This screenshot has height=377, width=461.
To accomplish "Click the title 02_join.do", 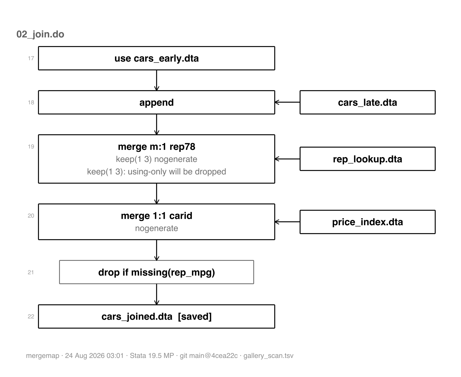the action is pos(40,34).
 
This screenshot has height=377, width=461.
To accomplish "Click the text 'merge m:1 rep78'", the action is pos(156,146).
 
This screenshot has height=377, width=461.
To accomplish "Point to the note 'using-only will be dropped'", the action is pos(177,172).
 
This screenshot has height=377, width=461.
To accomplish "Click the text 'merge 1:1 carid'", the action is pos(156,216).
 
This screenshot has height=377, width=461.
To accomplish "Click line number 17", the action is pos(31,58).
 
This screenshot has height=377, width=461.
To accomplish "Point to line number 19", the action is pos(31,146).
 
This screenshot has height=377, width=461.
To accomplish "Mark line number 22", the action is pos(31,316).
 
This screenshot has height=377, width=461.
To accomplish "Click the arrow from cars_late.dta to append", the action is pos(288,102).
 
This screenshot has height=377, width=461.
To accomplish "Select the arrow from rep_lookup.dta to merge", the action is pos(288,159).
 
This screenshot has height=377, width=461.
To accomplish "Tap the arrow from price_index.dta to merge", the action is pos(288,222).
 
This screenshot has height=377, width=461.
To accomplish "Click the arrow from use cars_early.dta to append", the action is pos(156,80).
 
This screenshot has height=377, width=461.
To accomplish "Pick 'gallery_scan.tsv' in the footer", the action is pos(269,356).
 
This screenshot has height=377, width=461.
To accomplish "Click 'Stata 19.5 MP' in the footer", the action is pos(152,356).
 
